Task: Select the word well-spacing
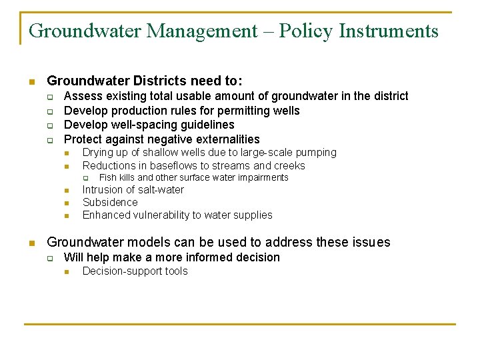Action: [141, 125]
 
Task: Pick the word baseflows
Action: [172, 165]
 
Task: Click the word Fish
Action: [107, 177]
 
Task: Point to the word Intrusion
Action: [104, 190]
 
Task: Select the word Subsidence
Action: [110, 203]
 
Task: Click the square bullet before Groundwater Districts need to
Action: [31, 82]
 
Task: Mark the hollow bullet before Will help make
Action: [49, 258]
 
